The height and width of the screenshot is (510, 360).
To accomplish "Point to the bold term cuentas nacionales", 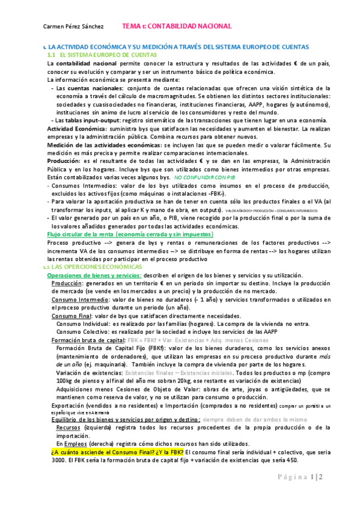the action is tap(99, 88).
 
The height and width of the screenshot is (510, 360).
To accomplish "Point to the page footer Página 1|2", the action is tap(317, 493).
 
